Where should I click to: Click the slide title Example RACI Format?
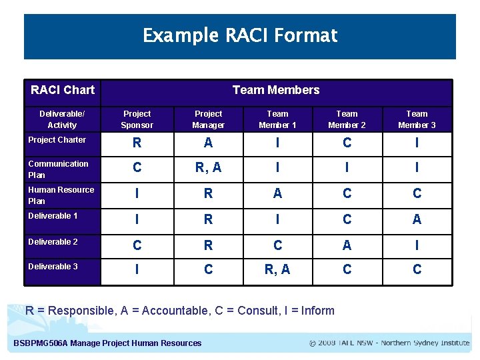[240, 35]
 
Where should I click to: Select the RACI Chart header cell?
[63, 90]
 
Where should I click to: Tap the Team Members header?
[275, 90]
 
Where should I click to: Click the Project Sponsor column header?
[137, 119]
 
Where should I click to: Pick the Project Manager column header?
[208, 119]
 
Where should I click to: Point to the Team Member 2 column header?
[347, 119]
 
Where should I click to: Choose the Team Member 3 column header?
[417, 119]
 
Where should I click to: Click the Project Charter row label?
[57, 140]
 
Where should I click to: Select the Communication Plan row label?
[58, 169]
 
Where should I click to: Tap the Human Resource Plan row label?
[61, 195]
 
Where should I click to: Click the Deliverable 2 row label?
[53, 242]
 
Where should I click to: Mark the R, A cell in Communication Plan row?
[208, 168]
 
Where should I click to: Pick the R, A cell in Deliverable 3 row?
[277, 269]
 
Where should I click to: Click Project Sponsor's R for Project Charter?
[137, 143]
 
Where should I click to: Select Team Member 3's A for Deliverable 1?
[417, 219]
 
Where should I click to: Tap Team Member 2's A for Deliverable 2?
[347, 245]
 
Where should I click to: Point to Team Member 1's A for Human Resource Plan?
[277, 193]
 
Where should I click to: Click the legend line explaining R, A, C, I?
[180, 310]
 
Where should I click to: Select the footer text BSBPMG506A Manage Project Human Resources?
[107, 343]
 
